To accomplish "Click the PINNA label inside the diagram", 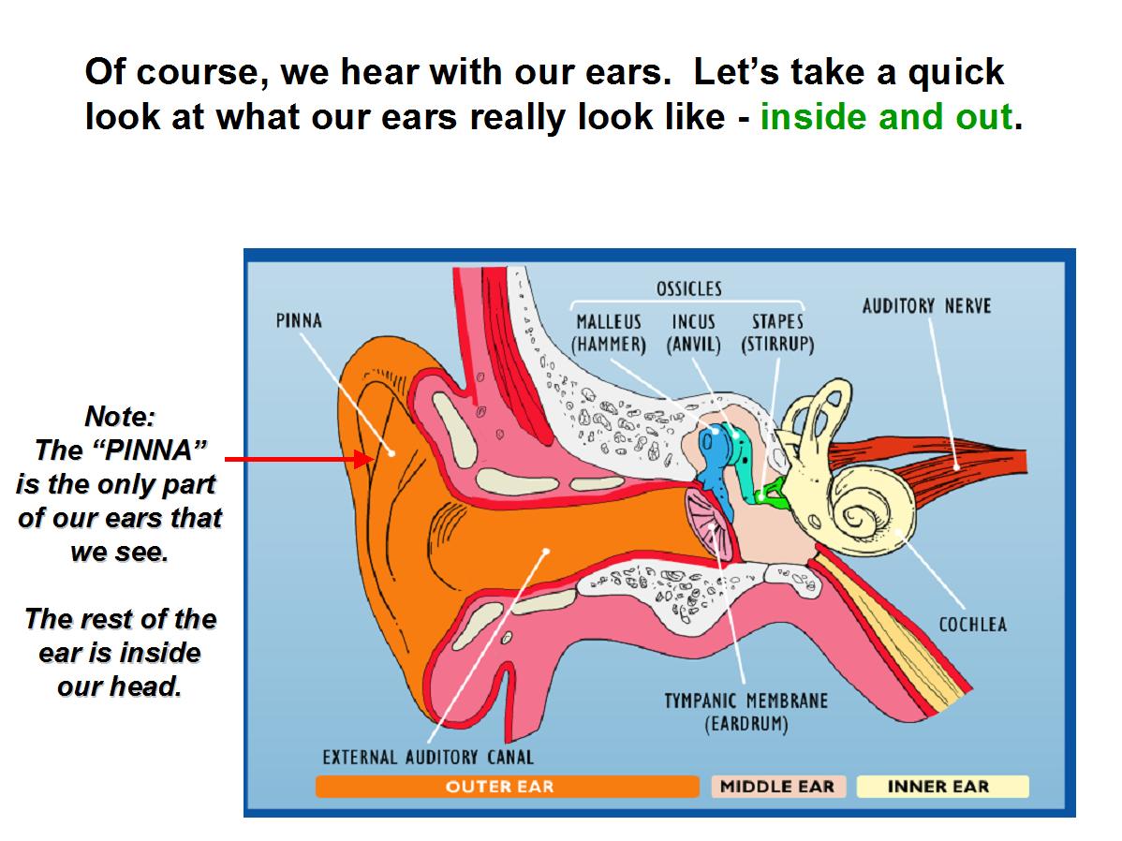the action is (x=299, y=320).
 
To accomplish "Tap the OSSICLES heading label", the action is (x=689, y=288).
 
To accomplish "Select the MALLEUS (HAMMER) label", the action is (x=609, y=333).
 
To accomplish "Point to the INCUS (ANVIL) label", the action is (x=693, y=333).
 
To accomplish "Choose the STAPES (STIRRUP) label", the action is (x=778, y=333).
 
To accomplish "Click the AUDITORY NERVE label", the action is (x=926, y=306).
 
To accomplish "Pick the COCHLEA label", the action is (x=972, y=625).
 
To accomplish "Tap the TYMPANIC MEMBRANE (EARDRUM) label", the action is (x=746, y=712).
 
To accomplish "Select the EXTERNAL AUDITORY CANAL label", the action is (x=428, y=758).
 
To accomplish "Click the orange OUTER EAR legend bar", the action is (x=508, y=786).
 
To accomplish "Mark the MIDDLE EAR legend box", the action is (x=778, y=786).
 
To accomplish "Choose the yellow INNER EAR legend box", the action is (x=942, y=786).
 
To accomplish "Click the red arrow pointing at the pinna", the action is (x=299, y=459).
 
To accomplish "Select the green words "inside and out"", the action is (x=886, y=117).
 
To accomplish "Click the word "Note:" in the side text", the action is (x=120, y=416).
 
